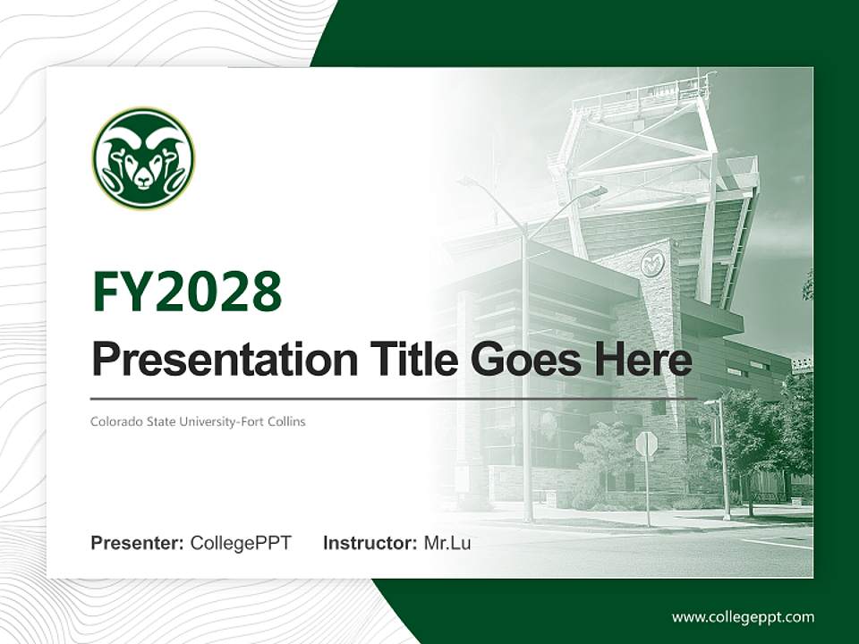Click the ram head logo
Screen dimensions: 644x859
tap(143, 159)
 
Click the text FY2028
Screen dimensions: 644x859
tap(187, 291)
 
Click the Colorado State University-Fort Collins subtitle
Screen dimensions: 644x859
tap(198, 421)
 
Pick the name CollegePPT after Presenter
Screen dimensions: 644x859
tap(241, 543)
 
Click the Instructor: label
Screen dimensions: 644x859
tap(370, 543)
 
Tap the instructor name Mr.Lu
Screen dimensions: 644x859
tap(447, 543)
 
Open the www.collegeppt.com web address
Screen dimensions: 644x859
tap(743, 617)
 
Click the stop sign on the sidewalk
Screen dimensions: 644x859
tap(646, 443)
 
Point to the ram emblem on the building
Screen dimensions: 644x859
tap(652, 263)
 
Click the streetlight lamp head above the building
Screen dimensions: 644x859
tap(592, 191)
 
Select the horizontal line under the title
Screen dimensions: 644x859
tap(394, 398)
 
